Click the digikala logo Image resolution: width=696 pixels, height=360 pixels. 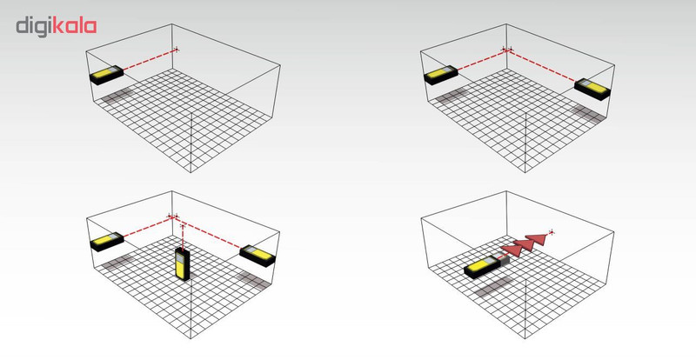pyautogui.click(x=57, y=27)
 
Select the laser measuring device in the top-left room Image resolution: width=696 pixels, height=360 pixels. pyautogui.click(x=106, y=75)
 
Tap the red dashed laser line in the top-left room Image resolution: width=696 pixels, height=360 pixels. pyautogui.click(x=150, y=59)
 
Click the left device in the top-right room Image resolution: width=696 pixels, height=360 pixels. pyautogui.click(x=441, y=75)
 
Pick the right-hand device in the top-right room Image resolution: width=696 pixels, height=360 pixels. pyautogui.click(x=592, y=90)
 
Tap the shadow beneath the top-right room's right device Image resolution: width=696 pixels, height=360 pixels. pyautogui.click(x=588, y=114)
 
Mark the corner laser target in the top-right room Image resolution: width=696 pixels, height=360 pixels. pyautogui.click(x=507, y=50)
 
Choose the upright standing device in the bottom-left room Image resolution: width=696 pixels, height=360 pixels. pyautogui.click(x=183, y=263)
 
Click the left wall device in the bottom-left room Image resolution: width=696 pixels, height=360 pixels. pyautogui.click(x=107, y=242)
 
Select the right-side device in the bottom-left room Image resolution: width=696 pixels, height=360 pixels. pyautogui.click(x=258, y=256)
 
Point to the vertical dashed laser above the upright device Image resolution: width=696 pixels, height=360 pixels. pyautogui.click(x=183, y=237)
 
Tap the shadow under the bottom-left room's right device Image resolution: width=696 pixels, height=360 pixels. pyautogui.click(x=253, y=281)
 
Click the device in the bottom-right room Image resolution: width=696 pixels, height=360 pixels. pyautogui.click(x=483, y=267)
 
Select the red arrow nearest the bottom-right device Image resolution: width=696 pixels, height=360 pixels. pyautogui.click(x=511, y=250)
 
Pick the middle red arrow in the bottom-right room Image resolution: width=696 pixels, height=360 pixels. pyautogui.click(x=524, y=244)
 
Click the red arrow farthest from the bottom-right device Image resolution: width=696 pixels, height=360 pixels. pyautogui.click(x=536, y=239)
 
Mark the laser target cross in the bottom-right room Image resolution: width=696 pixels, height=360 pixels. pyautogui.click(x=552, y=231)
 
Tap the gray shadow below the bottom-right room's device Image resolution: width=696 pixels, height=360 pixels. pyautogui.click(x=493, y=286)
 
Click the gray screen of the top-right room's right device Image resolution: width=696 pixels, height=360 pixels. pyautogui.click(x=586, y=83)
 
